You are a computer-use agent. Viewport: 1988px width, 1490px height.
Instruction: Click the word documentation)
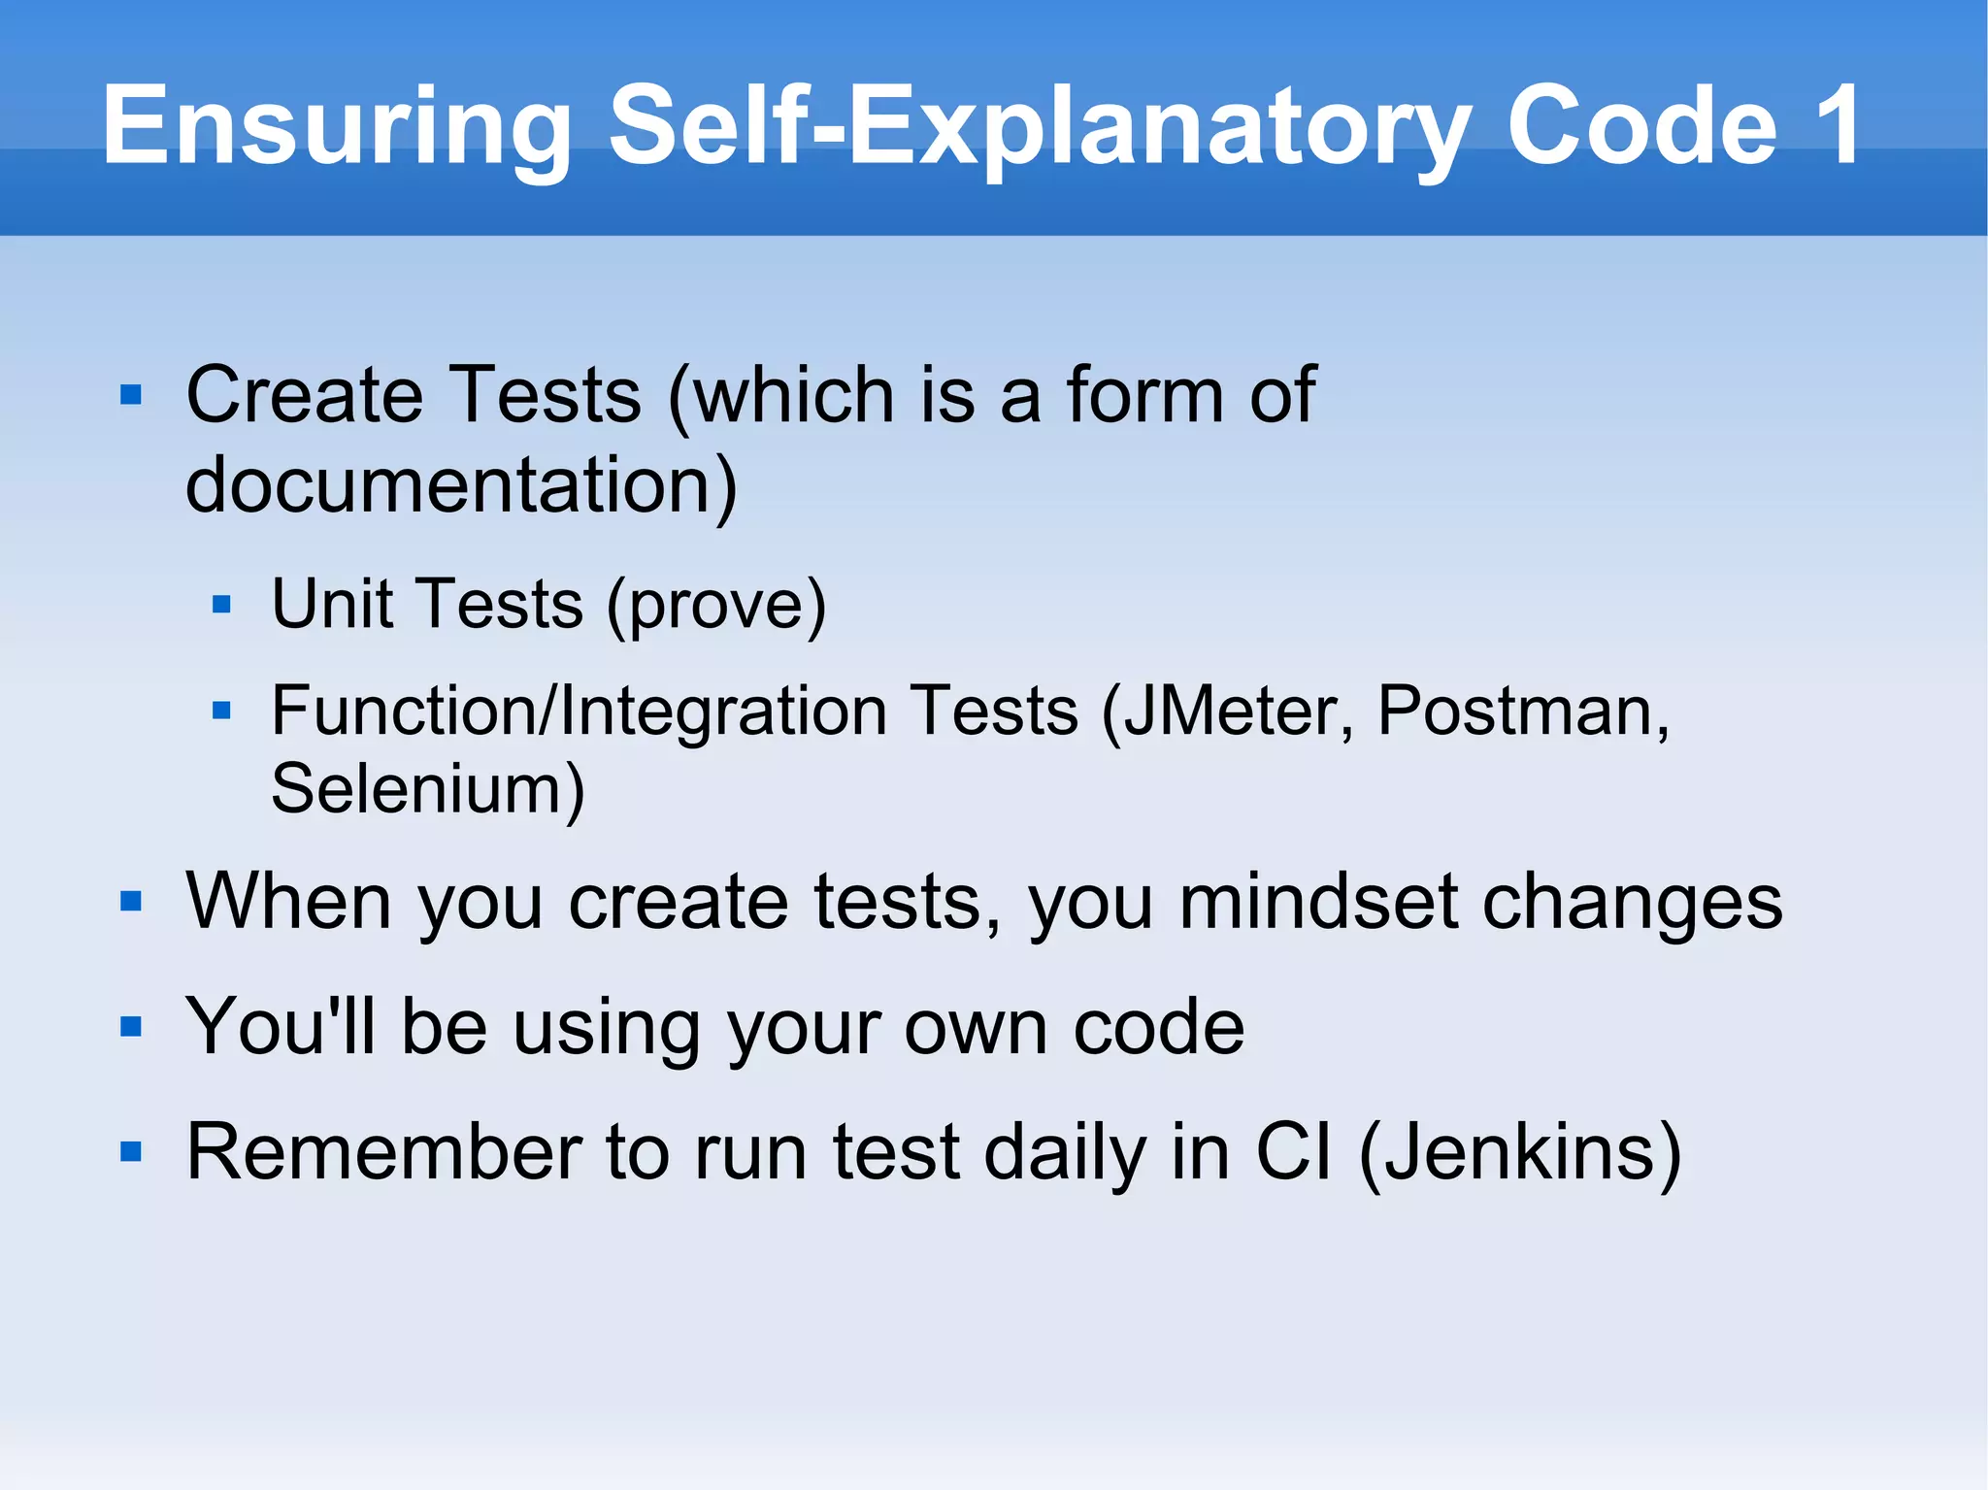[x=461, y=484]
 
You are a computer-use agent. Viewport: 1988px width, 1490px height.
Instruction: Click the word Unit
[x=331, y=604]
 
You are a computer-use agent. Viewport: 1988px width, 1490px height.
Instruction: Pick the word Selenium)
[x=428, y=789]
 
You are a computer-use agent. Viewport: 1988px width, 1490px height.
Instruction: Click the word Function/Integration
[x=579, y=712]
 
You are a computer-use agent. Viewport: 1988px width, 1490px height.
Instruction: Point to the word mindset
[x=1318, y=902]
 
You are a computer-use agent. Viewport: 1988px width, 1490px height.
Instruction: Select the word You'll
[x=281, y=1026]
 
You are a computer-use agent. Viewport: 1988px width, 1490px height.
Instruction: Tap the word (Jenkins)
[x=1520, y=1153]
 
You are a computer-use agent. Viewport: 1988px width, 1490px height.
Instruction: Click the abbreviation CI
[x=1293, y=1152]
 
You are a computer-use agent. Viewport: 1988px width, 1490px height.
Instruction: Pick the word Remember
[x=382, y=1152]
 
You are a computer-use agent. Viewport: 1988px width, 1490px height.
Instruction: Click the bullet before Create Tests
[x=131, y=395]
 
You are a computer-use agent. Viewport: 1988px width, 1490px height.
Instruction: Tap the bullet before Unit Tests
[x=221, y=605]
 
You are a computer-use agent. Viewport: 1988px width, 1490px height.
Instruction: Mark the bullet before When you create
[x=131, y=902]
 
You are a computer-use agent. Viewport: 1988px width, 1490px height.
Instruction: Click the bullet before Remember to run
[x=131, y=1152]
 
